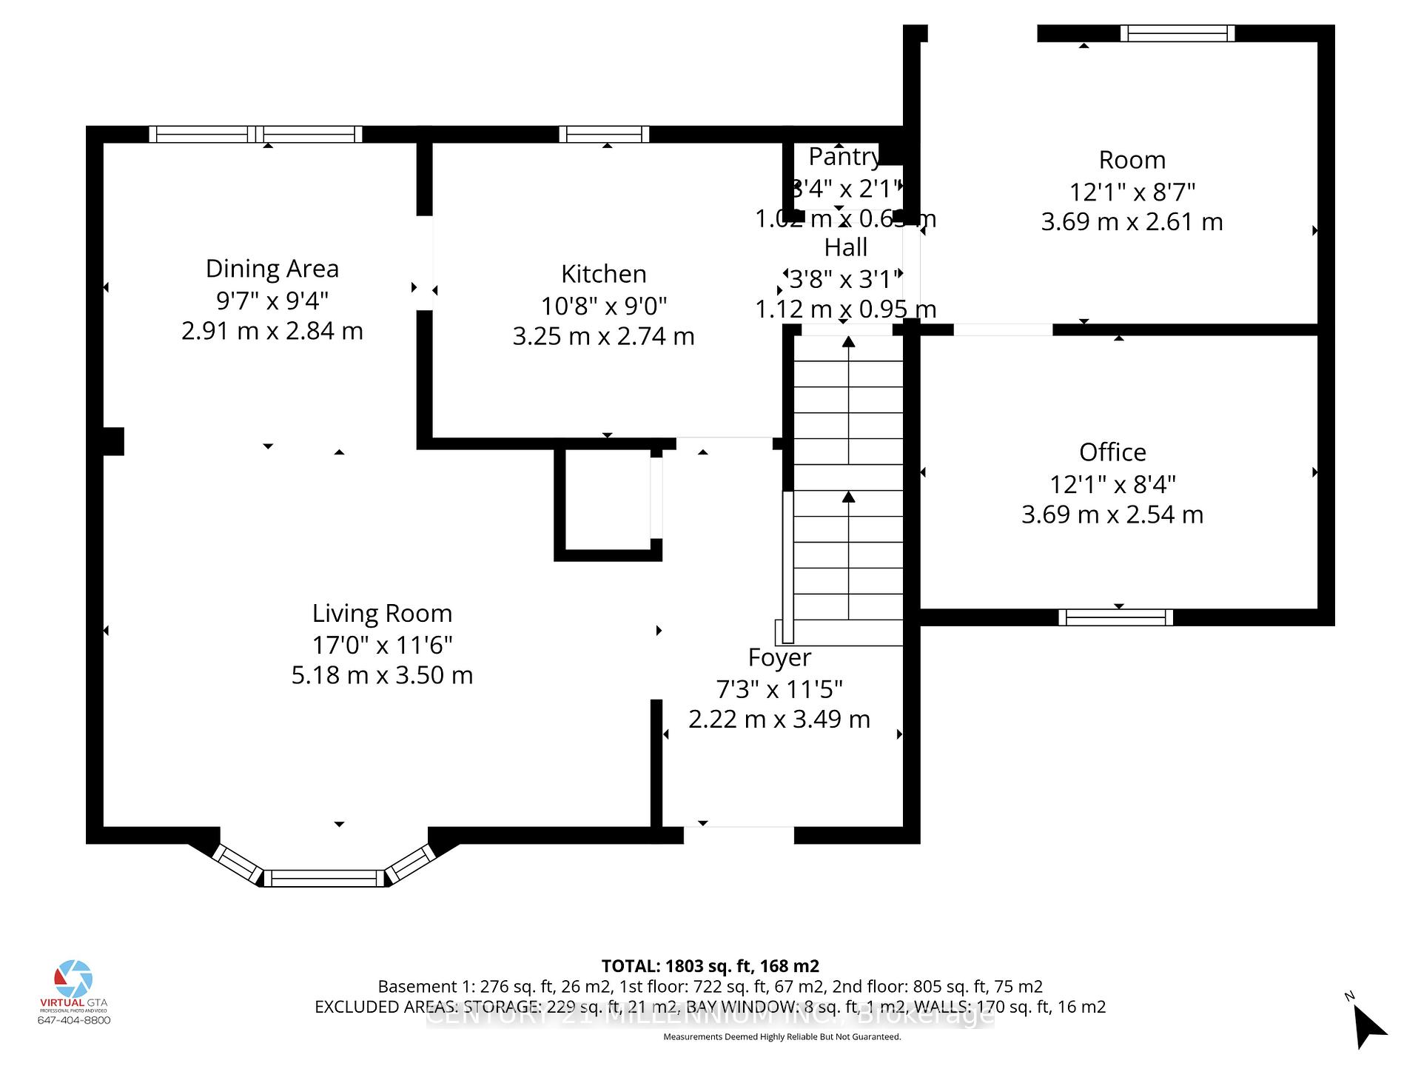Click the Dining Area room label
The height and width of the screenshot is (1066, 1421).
[272, 269]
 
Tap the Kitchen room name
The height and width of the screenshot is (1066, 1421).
[603, 274]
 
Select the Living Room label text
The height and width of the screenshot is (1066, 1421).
[382, 613]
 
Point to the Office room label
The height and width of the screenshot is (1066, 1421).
[1112, 452]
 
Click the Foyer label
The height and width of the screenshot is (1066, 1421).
[779, 657]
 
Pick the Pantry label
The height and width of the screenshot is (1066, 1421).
[844, 157]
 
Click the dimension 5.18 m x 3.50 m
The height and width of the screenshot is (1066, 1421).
[382, 675]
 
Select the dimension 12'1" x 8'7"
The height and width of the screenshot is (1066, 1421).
[1132, 192]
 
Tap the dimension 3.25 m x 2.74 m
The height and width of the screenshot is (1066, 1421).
[603, 336]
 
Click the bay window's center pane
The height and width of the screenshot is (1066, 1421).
[324, 879]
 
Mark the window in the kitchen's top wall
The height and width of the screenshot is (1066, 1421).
[604, 134]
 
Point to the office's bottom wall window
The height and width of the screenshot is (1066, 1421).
[1115, 617]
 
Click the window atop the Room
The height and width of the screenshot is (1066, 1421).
[1177, 33]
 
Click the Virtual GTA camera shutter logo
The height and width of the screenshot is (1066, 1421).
[74, 979]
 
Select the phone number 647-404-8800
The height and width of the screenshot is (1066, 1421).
[74, 1020]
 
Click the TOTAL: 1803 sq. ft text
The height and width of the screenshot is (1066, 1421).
[710, 966]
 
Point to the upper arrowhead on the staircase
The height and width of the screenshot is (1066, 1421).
[848, 342]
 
